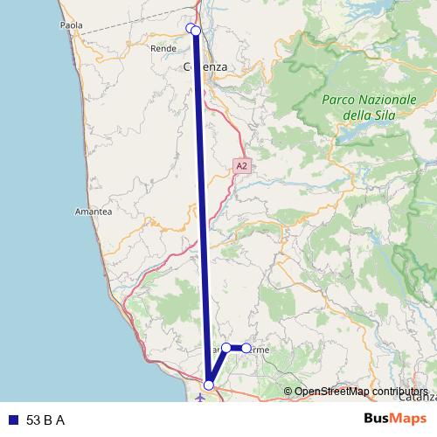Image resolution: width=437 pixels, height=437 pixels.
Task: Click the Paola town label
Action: tap(71, 25)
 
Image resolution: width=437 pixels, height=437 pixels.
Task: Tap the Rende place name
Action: tap(163, 49)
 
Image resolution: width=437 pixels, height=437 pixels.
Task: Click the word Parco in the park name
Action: tap(338, 101)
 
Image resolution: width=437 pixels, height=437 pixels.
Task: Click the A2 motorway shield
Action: tap(242, 165)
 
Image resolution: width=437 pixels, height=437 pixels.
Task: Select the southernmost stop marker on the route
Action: tap(209, 385)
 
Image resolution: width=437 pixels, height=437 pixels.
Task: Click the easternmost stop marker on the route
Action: tap(246, 348)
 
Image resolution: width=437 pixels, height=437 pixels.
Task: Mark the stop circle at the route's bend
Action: tap(226, 348)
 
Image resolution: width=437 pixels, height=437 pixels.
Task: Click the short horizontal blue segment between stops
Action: tap(236, 348)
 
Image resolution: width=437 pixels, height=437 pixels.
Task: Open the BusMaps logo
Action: tap(396, 419)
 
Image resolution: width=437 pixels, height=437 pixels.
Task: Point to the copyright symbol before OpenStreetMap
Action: tap(288, 392)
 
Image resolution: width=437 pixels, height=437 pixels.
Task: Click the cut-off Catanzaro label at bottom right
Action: tap(420, 399)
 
